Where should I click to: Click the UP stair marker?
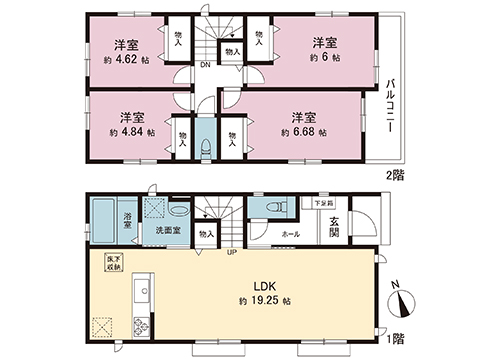click(x=233, y=251)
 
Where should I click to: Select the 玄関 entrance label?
click(x=332, y=227)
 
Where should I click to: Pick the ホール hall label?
click(x=290, y=234)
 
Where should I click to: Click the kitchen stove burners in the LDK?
click(x=139, y=325)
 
